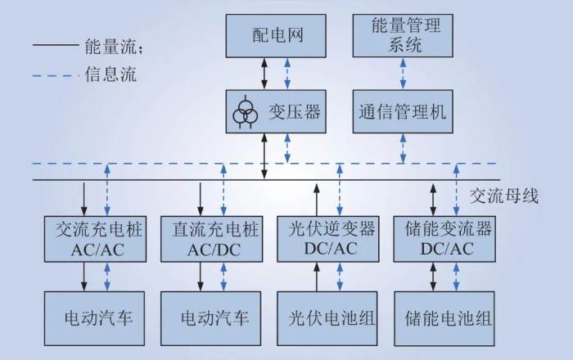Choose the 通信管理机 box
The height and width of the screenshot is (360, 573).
401,113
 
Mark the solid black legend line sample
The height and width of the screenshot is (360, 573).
55,47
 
